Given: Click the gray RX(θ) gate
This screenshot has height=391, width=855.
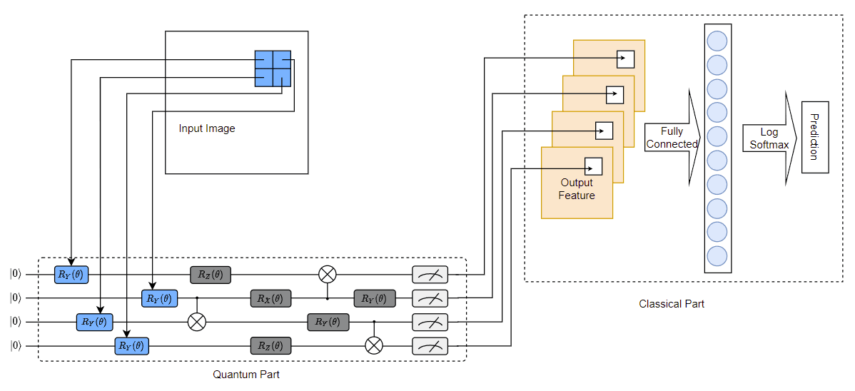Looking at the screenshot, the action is pyautogui.click(x=271, y=298).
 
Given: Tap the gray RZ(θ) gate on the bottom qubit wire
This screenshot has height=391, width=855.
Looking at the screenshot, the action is pyautogui.click(x=271, y=346).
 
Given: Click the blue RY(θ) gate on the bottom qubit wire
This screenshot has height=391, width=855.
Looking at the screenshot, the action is pyautogui.click(x=131, y=346).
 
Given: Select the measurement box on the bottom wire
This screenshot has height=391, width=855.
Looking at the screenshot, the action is pyautogui.click(x=430, y=346).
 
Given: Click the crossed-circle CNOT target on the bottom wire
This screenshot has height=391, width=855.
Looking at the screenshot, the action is pyautogui.click(x=373, y=345).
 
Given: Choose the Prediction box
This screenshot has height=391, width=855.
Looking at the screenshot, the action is pyautogui.click(x=814, y=137).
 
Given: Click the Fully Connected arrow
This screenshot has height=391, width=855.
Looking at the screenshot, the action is pyautogui.click(x=672, y=138).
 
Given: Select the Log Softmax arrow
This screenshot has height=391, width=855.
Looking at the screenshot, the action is pyautogui.click(x=769, y=138).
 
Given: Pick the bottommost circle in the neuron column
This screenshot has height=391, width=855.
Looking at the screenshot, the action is pyautogui.click(x=717, y=255).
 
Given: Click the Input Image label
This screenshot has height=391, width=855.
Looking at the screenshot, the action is pyautogui.click(x=207, y=128).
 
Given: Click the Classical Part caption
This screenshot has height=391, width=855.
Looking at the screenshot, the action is pyautogui.click(x=672, y=304).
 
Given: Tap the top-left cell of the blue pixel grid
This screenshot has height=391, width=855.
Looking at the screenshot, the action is pyautogui.click(x=264, y=59).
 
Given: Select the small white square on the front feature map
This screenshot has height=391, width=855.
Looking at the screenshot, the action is pyautogui.click(x=593, y=166).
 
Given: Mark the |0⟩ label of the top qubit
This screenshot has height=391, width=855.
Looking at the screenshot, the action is pyautogui.click(x=16, y=274).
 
